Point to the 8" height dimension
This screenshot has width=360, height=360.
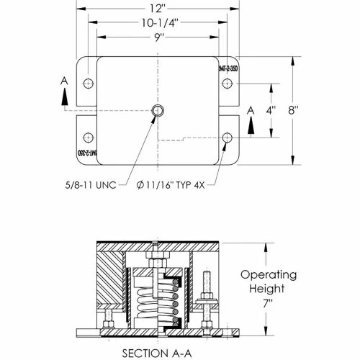pyautogui.click(x=313, y=112)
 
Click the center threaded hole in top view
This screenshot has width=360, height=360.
pyautogui.click(x=158, y=110)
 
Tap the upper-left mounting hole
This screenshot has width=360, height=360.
pyautogui.click(x=89, y=84)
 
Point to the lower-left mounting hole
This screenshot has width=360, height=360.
pyautogui.click(x=89, y=137)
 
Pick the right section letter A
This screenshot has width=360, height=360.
pyautogui.click(x=250, y=110)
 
